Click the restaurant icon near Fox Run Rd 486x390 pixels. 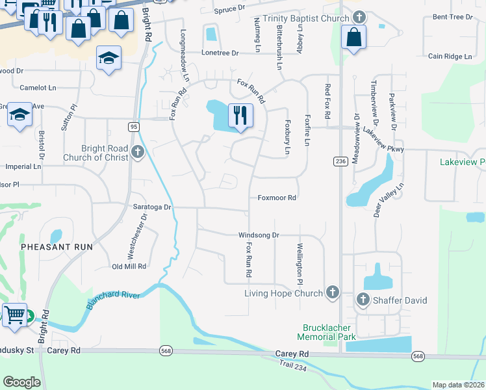[x=240, y=116]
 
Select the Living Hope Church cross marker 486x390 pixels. [x=333, y=292]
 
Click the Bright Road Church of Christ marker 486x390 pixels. [x=137, y=152]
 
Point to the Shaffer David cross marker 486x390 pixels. [x=363, y=300]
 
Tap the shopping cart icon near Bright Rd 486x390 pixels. [x=15, y=316]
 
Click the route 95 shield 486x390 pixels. [x=133, y=126]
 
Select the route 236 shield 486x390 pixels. [x=340, y=161]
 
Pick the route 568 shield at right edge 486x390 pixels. [x=418, y=356]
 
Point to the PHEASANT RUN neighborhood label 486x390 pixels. [x=57, y=247]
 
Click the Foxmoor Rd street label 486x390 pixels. [x=277, y=198]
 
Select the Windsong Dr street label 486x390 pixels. [x=259, y=235]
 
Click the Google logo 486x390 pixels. [x=21, y=382]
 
